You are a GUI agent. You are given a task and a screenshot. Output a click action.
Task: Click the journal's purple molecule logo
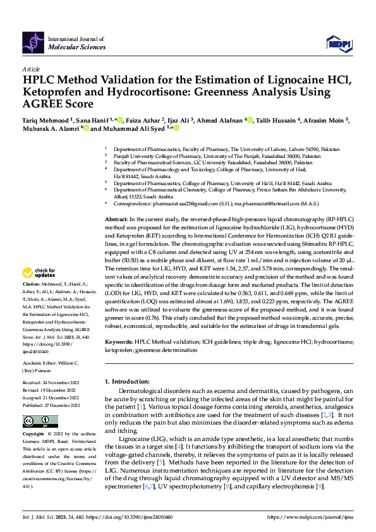pyautogui.click(x=33, y=42)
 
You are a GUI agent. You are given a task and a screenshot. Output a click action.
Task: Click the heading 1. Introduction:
pyautogui.click(x=129, y=381)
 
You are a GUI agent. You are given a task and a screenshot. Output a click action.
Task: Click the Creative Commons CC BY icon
pyautogui.click(x=32, y=421)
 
